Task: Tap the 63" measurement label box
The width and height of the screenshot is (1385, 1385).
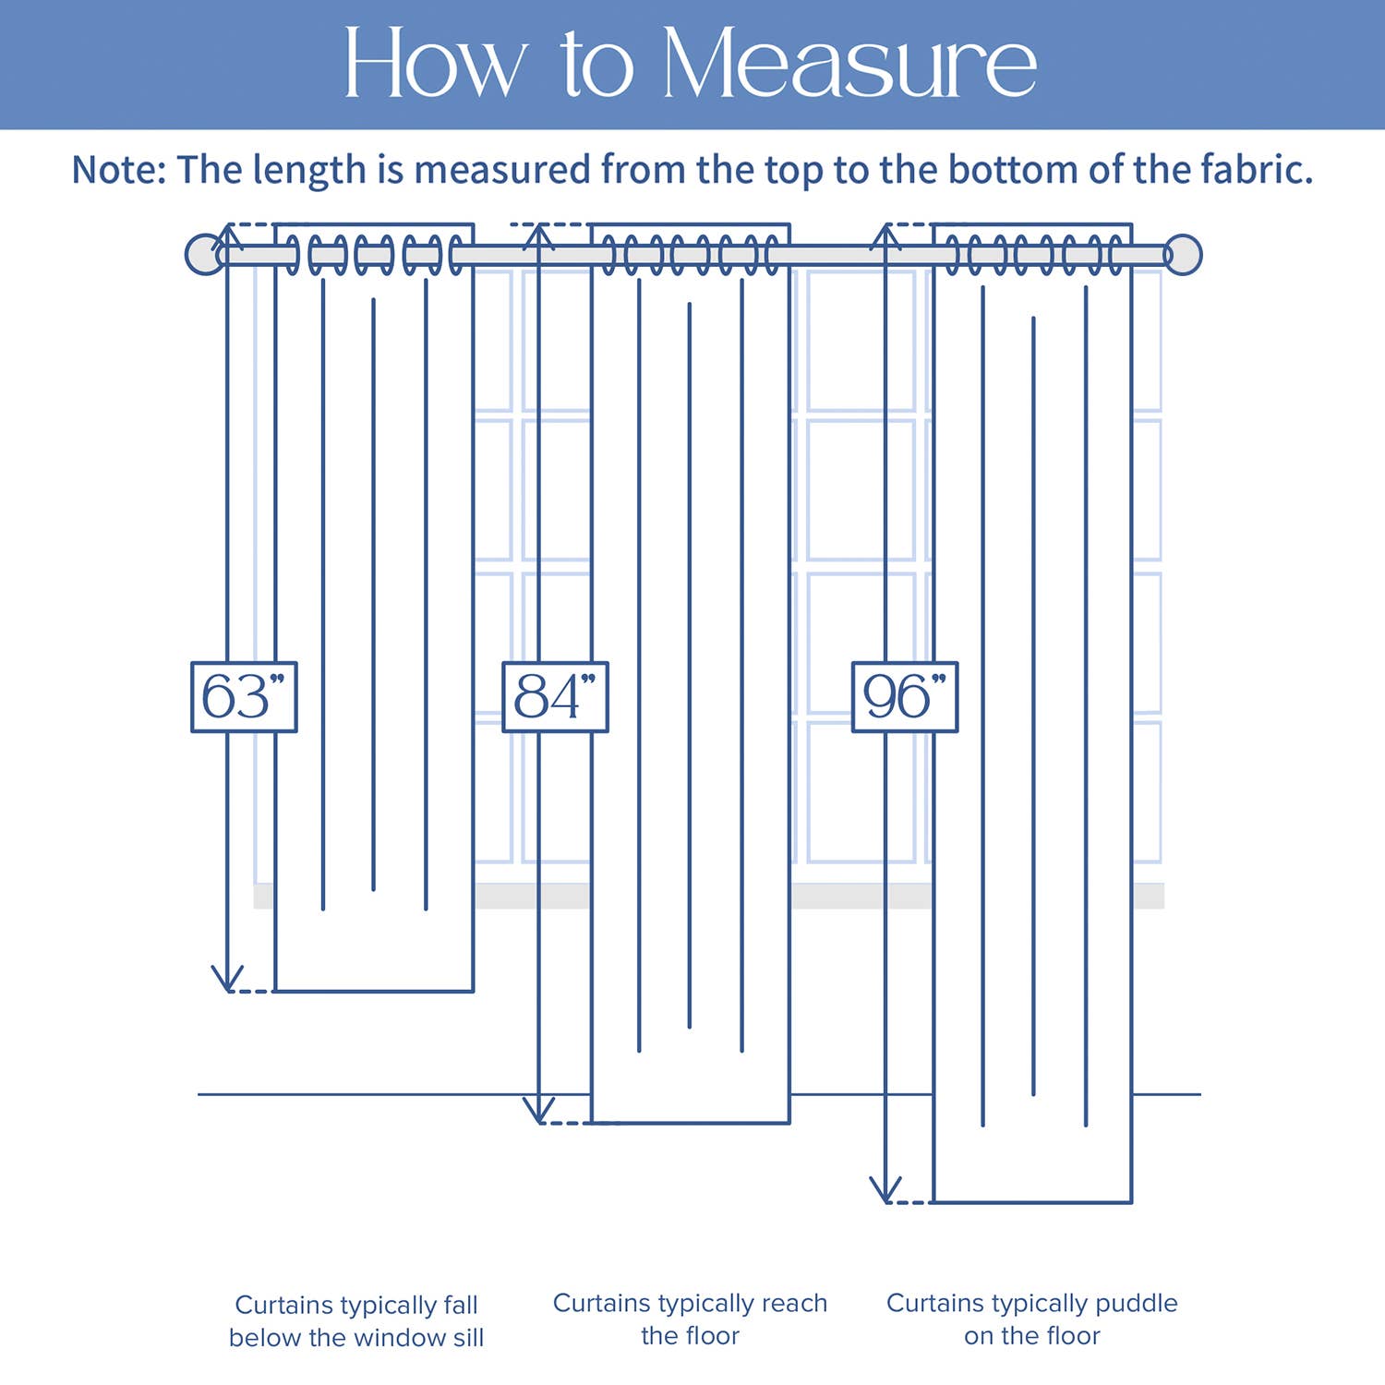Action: (244, 697)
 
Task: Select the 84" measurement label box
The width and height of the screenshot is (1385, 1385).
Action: (555, 697)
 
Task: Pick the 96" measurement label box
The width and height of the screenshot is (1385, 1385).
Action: (905, 697)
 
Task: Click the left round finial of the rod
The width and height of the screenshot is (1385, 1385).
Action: (204, 254)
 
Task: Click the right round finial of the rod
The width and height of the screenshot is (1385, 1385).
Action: (1183, 255)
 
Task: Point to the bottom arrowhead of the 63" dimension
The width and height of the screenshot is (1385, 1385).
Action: (227, 981)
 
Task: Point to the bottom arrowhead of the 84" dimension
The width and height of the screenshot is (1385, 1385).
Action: (538, 1112)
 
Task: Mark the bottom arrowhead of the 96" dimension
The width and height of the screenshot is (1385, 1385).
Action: (885, 1192)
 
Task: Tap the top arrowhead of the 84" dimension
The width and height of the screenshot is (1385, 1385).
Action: (538, 235)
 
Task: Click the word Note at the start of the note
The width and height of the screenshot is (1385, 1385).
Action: (118, 170)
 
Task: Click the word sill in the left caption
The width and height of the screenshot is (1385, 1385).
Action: (464, 1337)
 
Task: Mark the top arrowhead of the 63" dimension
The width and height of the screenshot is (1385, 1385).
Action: (227, 235)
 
